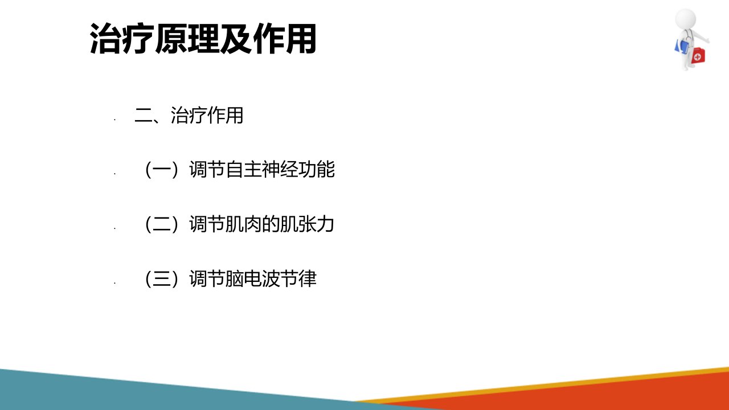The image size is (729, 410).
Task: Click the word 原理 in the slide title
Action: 187,38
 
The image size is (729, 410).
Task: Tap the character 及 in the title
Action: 236,38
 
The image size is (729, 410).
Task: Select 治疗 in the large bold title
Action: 122,38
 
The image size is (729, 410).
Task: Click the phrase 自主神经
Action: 261,170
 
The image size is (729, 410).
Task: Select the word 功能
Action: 316,170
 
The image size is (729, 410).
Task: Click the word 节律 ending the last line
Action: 298,279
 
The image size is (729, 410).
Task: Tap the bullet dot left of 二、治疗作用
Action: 115,120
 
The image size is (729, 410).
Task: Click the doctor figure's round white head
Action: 685,19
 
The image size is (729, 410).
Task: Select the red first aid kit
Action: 698,56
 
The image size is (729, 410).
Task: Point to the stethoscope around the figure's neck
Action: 687,36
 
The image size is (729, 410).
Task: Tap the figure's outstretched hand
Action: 706,40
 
